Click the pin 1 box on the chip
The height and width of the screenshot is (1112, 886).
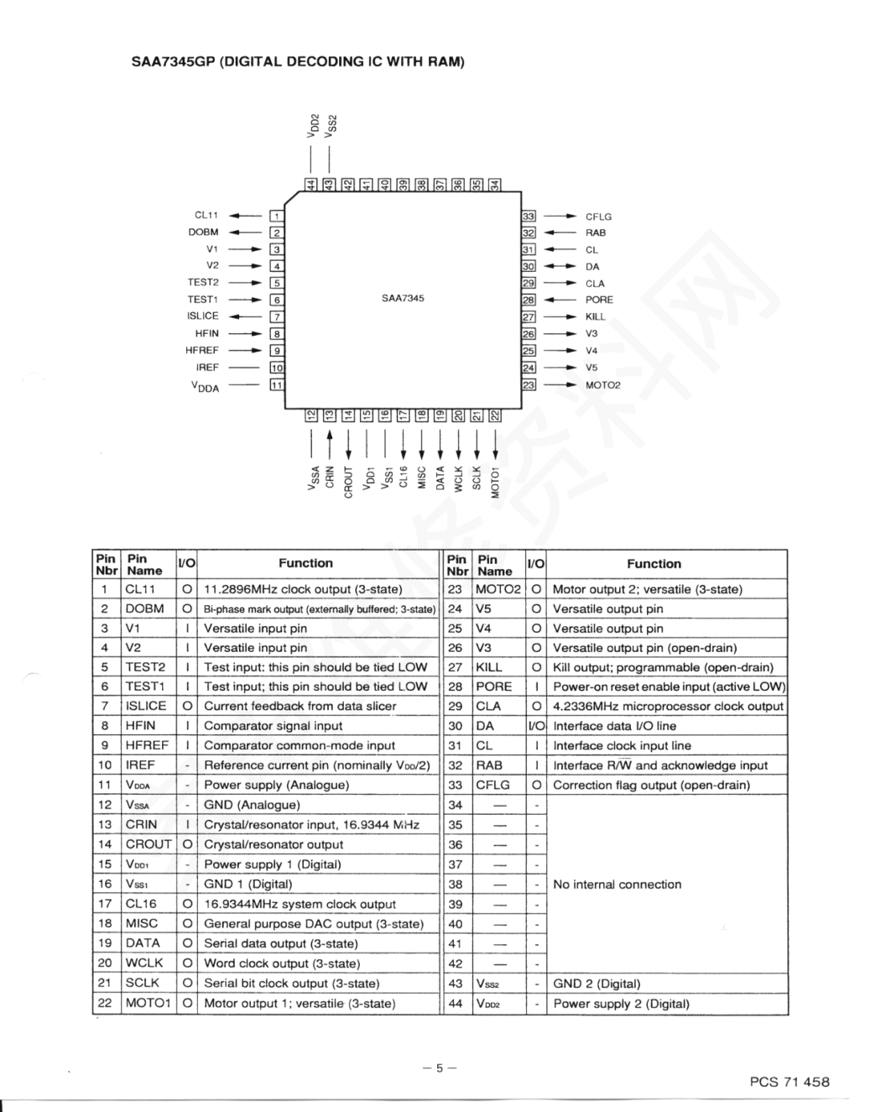[x=277, y=216]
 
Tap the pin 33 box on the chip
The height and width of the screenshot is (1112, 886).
[x=529, y=216]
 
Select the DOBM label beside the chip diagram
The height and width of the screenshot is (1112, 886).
[x=203, y=232]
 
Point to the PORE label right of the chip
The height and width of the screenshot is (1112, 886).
[x=599, y=300]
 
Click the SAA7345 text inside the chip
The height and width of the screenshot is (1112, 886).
[x=403, y=298]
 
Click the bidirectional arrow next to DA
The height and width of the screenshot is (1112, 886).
[x=560, y=266]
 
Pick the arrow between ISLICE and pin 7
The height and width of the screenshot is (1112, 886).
[x=245, y=316]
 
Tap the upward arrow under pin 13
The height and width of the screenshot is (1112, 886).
[x=330, y=444]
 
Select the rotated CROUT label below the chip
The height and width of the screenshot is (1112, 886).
[x=348, y=482]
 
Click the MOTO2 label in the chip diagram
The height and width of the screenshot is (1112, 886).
[x=603, y=385]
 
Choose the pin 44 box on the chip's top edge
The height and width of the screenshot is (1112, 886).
[x=311, y=185]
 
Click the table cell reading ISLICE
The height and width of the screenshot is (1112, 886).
[x=146, y=706]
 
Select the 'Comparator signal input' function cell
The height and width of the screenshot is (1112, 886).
[x=273, y=725]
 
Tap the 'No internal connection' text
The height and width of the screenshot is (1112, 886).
[x=617, y=884]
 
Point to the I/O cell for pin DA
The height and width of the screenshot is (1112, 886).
[x=536, y=725]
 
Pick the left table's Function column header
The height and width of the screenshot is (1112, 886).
[x=306, y=563]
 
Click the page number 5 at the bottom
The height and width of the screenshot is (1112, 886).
[x=440, y=1068]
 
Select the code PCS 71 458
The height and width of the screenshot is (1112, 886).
[x=790, y=1082]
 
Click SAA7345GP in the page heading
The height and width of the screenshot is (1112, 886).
[x=173, y=61]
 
